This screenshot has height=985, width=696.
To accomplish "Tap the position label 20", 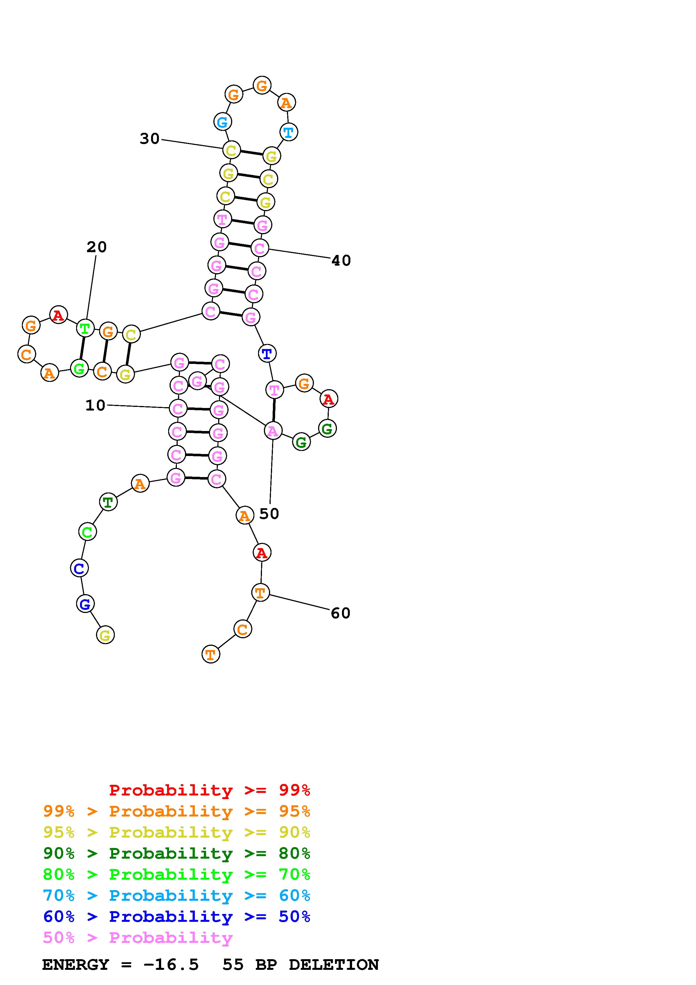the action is click(97, 247).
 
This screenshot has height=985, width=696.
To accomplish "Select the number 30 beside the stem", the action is click(150, 139).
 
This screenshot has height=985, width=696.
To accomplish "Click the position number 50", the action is click(269, 514).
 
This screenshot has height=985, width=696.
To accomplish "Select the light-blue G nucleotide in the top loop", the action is click(222, 122).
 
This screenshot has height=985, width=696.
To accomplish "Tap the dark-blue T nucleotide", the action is click(267, 354).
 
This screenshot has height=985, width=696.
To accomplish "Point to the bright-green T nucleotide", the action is click(85, 329).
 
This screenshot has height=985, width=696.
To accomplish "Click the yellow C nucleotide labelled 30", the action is click(231, 151).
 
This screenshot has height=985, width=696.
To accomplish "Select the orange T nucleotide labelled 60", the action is click(260, 593).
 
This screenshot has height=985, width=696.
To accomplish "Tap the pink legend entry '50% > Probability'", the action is click(138, 937).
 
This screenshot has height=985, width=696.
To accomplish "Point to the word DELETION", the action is click(334, 965).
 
